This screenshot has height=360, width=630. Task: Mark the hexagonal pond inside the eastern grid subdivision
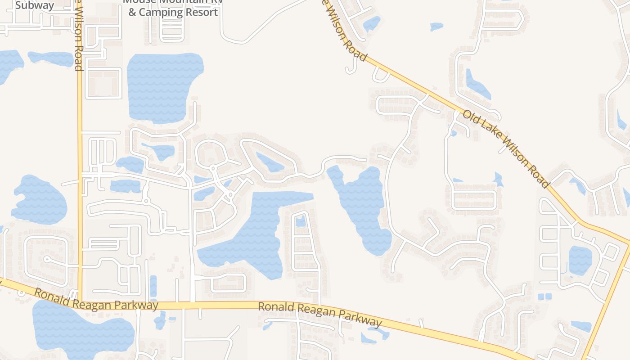click(580, 260)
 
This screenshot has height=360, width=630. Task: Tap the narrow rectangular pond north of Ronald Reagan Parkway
click(153, 286)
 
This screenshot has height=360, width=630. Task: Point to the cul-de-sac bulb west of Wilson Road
click(47, 259)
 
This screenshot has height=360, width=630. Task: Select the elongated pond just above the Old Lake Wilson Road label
click(477, 85)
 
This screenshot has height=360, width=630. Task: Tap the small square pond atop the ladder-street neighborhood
click(301, 221)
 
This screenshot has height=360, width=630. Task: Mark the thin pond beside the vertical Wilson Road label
click(50, 58)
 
